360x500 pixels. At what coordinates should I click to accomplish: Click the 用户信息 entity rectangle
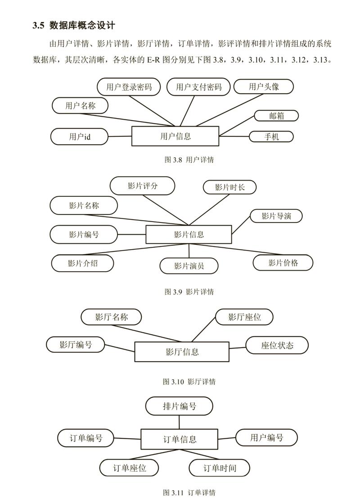[175, 136]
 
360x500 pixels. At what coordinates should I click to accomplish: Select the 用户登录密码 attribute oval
[130, 87]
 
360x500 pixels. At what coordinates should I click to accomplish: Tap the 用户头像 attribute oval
[264, 86]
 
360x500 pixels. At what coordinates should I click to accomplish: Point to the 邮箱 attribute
[276, 116]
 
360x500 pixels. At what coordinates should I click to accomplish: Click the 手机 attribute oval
[271, 136]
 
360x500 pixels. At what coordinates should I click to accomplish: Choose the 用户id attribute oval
[80, 136]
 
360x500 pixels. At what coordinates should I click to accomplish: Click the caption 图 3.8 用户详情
[189, 159]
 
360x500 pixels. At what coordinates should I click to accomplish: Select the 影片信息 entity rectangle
[189, 234]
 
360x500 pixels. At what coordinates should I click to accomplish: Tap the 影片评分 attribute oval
[143, 186]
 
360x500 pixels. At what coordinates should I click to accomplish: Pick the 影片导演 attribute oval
[276, 216]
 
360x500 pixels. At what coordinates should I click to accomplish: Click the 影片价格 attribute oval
[283, 263]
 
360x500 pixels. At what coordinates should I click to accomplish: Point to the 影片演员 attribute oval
[189, 265]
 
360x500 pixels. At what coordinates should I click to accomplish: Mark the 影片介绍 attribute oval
[82, 263]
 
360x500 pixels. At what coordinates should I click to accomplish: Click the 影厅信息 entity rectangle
[182, 351]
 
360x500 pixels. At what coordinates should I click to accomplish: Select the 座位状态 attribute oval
[277, 345]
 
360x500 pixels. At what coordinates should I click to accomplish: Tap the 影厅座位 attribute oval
[244, 317]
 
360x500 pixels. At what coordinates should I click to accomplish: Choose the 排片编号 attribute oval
[179, 406]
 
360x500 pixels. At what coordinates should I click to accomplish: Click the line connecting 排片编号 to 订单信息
[179, 422]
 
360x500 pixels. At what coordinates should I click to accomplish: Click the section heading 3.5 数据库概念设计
[75, 26]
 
